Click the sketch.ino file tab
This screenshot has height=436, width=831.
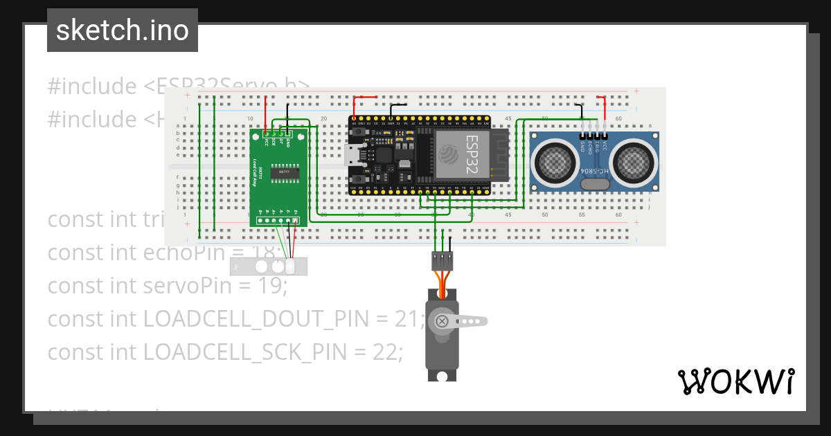click(122, 30)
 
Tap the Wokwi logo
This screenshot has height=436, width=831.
click(735, 381)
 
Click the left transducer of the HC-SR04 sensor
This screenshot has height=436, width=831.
click(552, 161)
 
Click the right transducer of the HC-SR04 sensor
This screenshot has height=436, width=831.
click(635, 161)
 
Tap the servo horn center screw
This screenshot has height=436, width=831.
click(441, 321)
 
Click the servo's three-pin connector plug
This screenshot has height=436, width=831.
click(443, 260)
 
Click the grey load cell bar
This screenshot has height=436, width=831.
click(269, 266)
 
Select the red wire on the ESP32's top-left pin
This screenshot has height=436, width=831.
click(355, 105)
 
